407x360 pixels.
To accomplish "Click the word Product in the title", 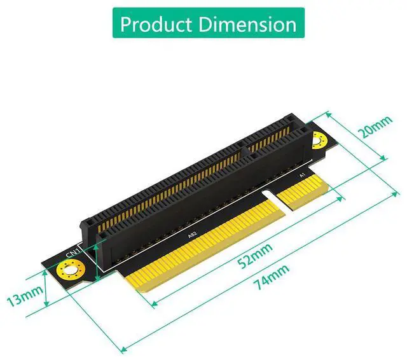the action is (156, 24).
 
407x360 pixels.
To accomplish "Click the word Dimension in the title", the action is (248, 24).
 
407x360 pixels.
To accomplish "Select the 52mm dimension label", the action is (256, 256).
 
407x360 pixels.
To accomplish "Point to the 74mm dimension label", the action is (272, 277).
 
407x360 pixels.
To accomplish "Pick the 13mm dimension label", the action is (25, 296).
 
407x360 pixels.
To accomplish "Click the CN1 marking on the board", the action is (72, 253).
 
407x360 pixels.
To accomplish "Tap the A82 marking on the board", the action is (192, 234).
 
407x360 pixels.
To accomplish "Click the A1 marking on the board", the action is (302, 176).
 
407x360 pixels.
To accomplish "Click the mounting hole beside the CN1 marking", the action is (71, 271).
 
